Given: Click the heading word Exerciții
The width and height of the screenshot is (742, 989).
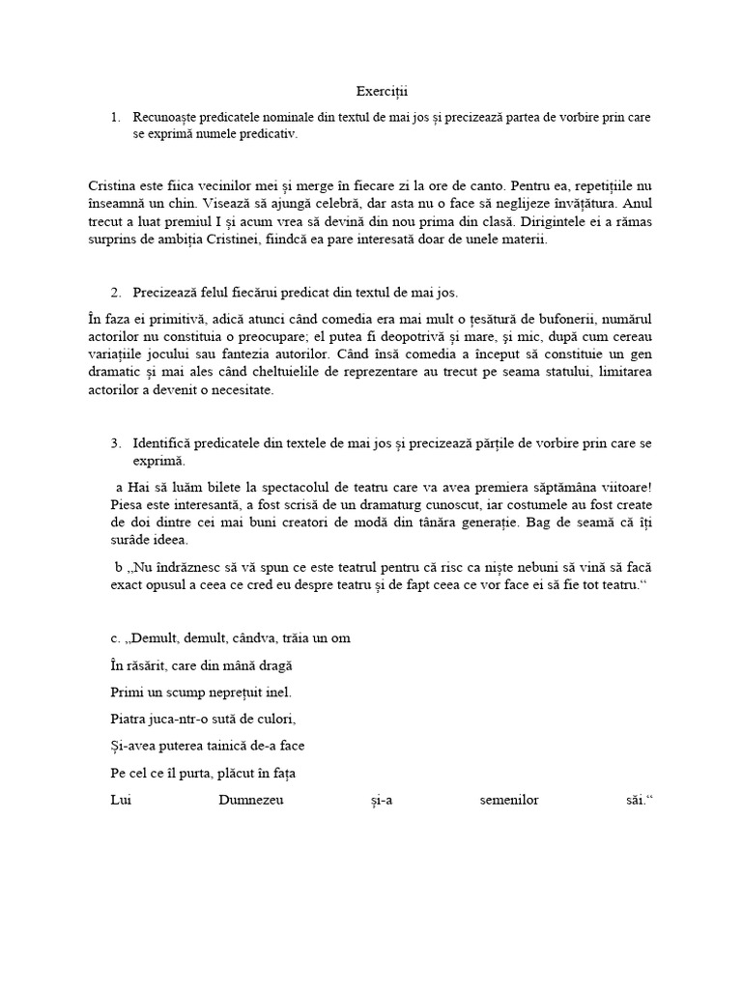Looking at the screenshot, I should point(382,92).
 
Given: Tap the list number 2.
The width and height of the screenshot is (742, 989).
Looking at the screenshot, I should point(115,292).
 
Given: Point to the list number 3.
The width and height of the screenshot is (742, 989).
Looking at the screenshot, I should point(115,442).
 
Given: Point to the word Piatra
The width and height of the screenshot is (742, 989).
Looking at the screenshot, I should point(128,719).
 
